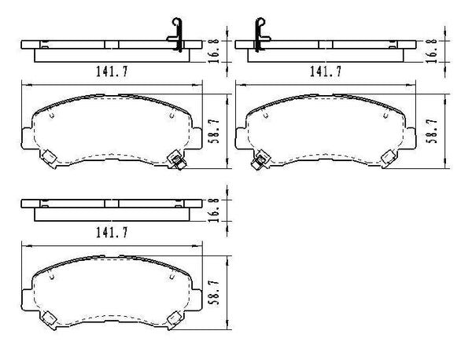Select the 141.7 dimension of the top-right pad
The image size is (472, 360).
click(325, 72)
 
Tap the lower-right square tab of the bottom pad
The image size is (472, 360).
click(175, 318)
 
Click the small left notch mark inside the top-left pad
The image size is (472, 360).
click(51, 117)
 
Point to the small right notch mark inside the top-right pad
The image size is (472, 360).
click(391, 117)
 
